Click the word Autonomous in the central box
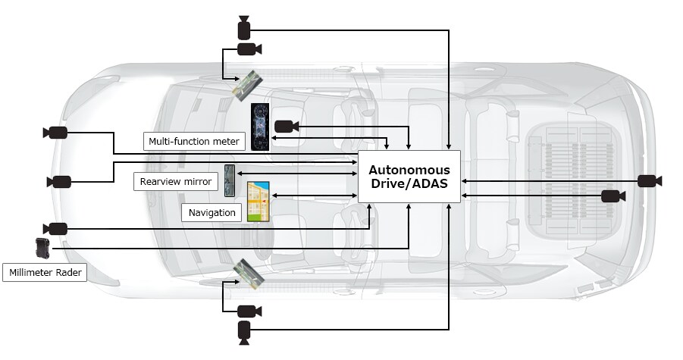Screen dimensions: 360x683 click(409, 170)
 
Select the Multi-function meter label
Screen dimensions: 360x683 click(193, 140)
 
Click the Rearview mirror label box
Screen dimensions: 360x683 click(175, 182)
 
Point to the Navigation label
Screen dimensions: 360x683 click(212, 212)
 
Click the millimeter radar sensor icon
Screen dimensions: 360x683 click(41, 247)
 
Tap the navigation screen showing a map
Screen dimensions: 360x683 click(259, 201)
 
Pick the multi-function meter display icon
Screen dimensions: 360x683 click(261, 127)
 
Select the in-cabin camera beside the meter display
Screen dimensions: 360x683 click(285, 125)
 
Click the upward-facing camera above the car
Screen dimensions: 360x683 click(243, 28)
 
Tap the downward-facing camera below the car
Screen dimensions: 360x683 click(243, 330)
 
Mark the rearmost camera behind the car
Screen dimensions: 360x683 click(649, 181)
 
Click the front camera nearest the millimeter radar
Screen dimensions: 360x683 click(57, 228)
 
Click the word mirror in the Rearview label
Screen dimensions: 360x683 click(197, 182)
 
